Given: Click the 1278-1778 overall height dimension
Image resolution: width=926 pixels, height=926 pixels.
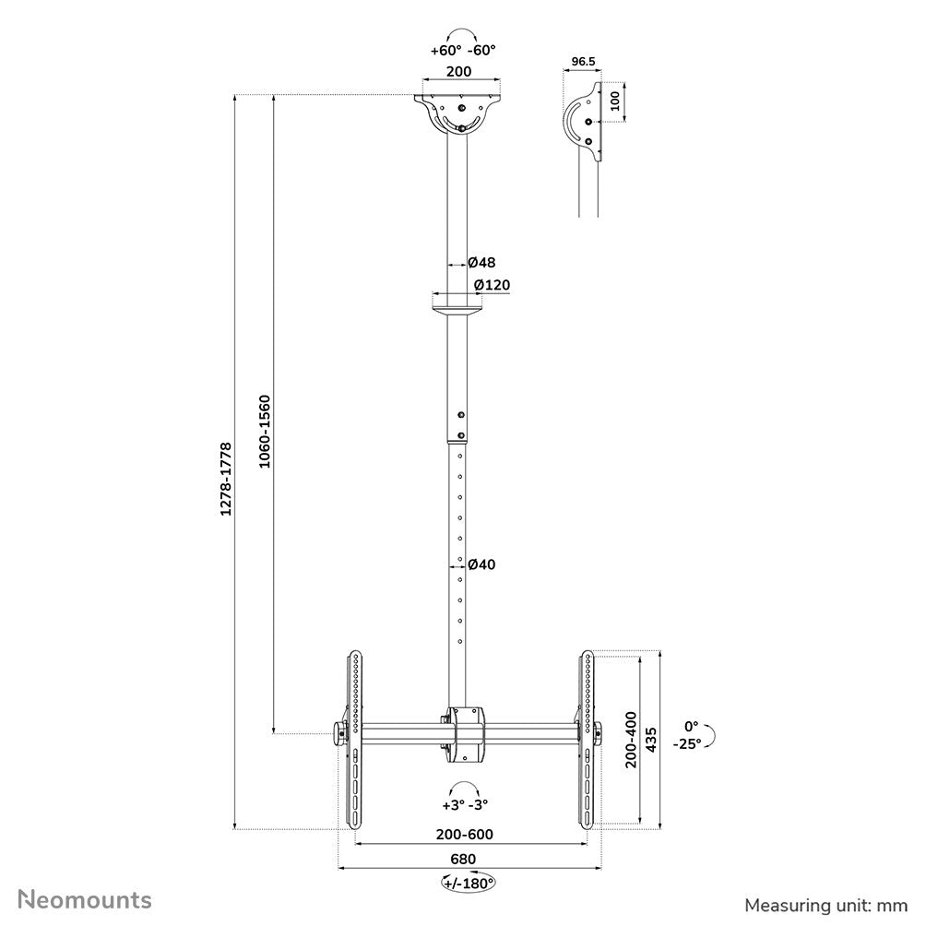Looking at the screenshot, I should tap(226, 491).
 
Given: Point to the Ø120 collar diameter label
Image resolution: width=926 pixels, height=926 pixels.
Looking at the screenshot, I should tap(492, 285).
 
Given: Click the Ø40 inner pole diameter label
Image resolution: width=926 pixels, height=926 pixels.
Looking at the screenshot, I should tap(481, 564).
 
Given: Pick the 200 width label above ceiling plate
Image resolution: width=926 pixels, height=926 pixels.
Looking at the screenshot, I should tap(459, 71).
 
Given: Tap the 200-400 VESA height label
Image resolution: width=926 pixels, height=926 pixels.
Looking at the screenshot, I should tap(631, 739).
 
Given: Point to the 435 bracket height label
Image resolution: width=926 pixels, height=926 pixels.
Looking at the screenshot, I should tap(651, 739).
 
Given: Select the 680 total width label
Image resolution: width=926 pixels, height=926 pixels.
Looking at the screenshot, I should tap(463, 859).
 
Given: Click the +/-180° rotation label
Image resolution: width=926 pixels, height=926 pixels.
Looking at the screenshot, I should tap(469, 883).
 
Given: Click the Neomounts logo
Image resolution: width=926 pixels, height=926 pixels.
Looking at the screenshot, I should tap(86, 897).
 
